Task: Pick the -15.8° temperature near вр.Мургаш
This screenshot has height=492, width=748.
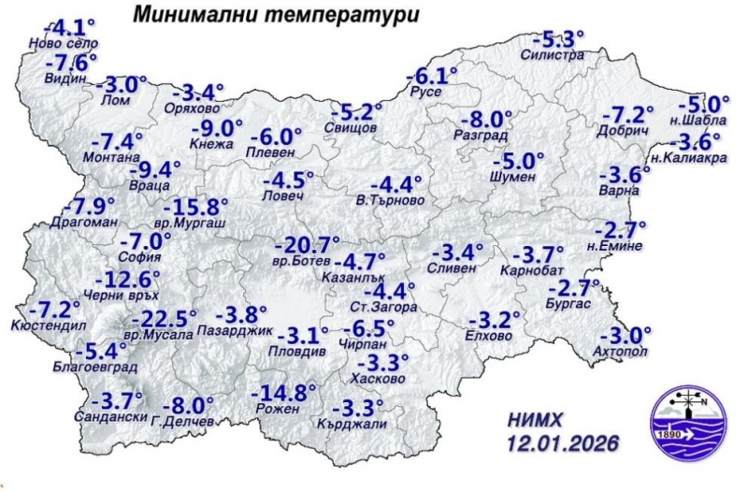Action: tap(196, 207)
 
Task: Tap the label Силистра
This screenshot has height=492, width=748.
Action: tap(557, 56)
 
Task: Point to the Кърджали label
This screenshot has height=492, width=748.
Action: tap(357, 423)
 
